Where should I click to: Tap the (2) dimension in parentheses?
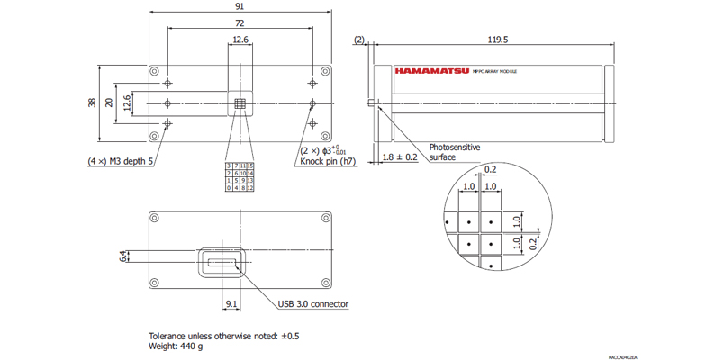coord(359,40)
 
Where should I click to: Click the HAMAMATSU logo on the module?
coord(432,69)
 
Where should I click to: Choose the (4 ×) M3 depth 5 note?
coord(121,162)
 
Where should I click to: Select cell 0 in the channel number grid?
coord(228,188)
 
